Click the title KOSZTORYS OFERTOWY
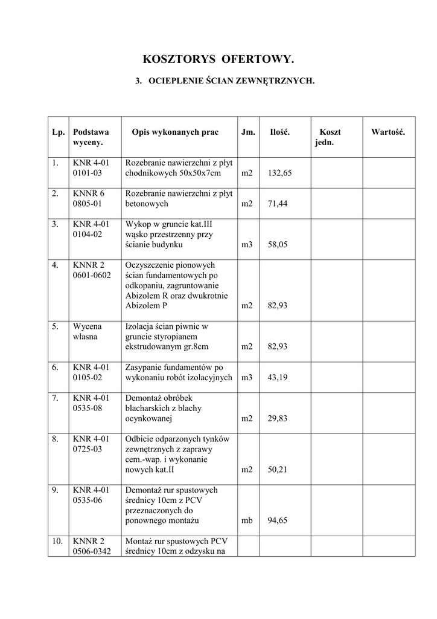tap(218, 59)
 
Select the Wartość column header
tap(388, 132)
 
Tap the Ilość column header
tap(279, 132)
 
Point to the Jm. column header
tap(248, 132)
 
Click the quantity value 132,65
tap(279, 173)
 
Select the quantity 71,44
tap(277, 204)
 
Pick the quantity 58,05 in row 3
tap(277, 245)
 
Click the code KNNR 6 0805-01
tap(89, 198)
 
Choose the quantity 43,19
tap(277, 378)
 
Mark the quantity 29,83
tap(277, 419)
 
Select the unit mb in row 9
tap(247, 521)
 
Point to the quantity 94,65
tap(277, 521)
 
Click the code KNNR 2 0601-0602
tap(92, 270)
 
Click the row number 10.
tap(57, 542)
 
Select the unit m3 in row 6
tap(247, 378)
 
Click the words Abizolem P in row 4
tap(146, 306)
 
